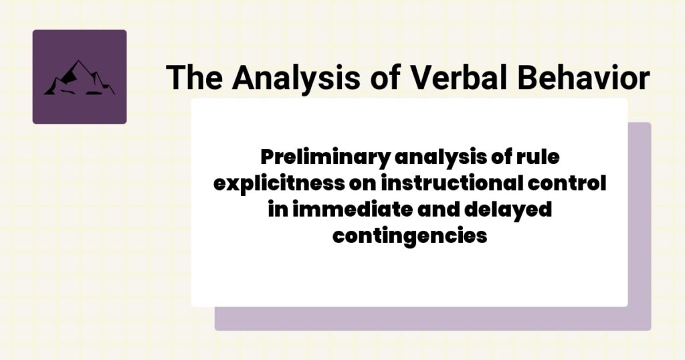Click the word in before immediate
tap(276, 209)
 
